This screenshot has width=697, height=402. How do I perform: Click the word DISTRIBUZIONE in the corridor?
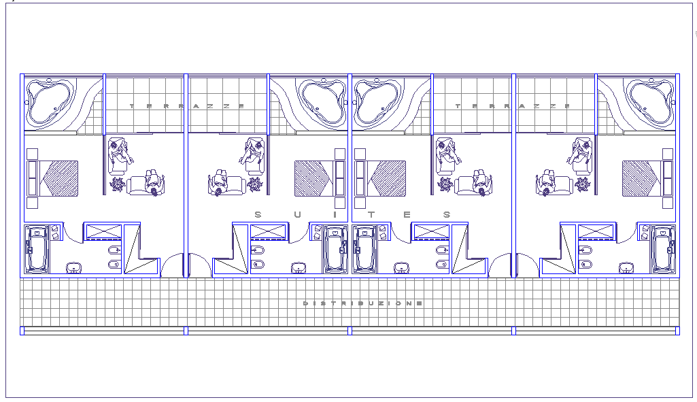pos(362,303)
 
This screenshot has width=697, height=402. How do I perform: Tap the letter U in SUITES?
pos(297,215)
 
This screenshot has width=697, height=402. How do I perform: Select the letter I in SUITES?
pos(335,215)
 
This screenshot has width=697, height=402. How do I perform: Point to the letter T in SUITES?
pos(371,215)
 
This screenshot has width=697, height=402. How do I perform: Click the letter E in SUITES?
pos(407,215)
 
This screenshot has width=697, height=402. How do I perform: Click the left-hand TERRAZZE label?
pos(187,106)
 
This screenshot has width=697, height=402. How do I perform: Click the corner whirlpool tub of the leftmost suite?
pos(49,101)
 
